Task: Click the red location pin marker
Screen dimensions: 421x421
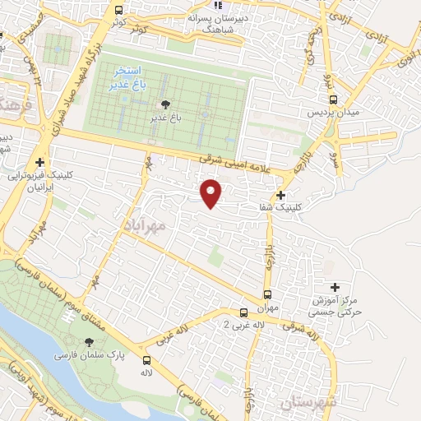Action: point(212,193)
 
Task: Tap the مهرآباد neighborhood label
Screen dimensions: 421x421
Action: point(147,224)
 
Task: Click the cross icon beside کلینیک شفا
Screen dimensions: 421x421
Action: point(281,195)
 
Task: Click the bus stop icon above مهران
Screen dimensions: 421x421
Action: point(267,294)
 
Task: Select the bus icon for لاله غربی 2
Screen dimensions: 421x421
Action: point(243,312)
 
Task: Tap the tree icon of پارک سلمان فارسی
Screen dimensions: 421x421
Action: point(90,342)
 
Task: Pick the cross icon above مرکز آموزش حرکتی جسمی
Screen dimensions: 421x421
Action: point(334,287)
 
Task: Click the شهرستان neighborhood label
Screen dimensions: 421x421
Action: point(308,402)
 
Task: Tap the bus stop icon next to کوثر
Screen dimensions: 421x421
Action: point(119,11)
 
